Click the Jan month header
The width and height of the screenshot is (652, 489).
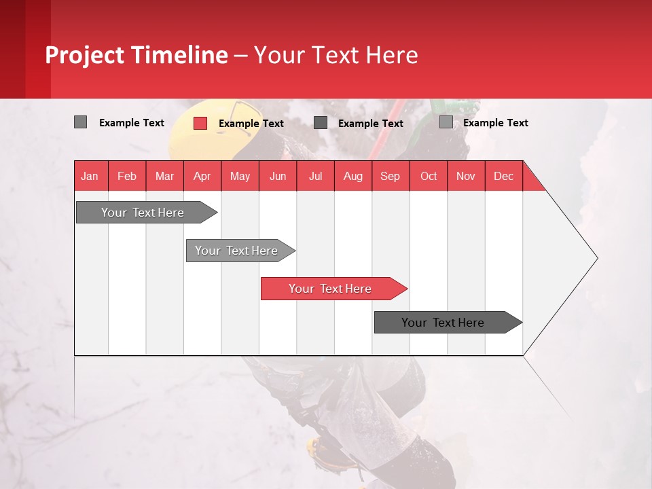click(x=90, y=176)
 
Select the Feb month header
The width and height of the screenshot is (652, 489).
click(x=127, y=176)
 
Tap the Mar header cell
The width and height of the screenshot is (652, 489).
click(x=164, y=176)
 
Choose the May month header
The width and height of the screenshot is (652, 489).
click(x=240, y=176)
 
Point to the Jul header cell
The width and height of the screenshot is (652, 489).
click(x=315, y=176)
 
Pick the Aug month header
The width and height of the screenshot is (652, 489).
click(x=352, y=176)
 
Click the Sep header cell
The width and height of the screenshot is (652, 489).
click(x=390, y=176)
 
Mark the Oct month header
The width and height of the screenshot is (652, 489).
click(x=429, y=176)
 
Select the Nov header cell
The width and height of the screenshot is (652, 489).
click(x=466, y=176)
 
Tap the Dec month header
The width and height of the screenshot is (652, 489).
click(x=503, y=176)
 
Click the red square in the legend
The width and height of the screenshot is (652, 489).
click(x=200, y=123)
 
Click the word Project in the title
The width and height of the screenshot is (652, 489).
click(x=85, y=55)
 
